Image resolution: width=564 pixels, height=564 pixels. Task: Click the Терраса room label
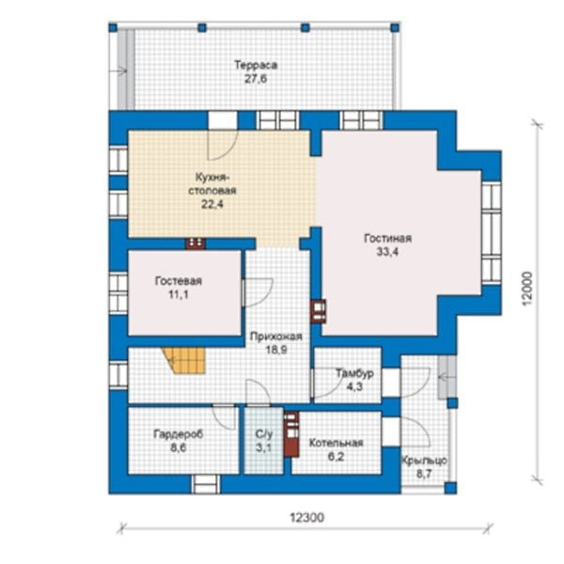(x=256, y=66)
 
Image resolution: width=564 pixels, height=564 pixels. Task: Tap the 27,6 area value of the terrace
(x=256, y=79)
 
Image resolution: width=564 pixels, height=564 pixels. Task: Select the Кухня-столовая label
(x=212, y=184)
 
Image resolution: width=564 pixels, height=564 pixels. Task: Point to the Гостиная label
(x=387, y=239)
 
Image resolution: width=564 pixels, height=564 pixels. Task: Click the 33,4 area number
(x=387, y=252)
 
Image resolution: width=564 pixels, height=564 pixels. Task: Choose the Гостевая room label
(x=179, y=281)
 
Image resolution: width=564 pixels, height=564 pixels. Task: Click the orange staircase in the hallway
(x=183, y=360)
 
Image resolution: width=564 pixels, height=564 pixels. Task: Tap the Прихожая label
(x=275, y=337)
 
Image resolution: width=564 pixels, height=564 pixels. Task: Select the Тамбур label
(x=354, y=373)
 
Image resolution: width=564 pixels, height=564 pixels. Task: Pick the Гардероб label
(x=179, y=434)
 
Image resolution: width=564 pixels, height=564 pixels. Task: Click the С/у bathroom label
(x=264, y=434)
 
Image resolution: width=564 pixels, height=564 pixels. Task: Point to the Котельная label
(x=336, y=443)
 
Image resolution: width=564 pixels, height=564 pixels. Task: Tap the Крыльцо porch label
(x=425, y=461)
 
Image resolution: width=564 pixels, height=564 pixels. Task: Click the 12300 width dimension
(x=306, y=518)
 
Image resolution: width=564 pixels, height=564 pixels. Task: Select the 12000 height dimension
(x=527, y=289)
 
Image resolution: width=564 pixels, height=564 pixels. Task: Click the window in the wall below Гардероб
(x=205, y=484)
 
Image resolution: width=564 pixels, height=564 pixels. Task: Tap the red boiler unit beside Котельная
(x=291, y=433)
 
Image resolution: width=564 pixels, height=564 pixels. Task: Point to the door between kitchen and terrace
(x=223, y=120)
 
